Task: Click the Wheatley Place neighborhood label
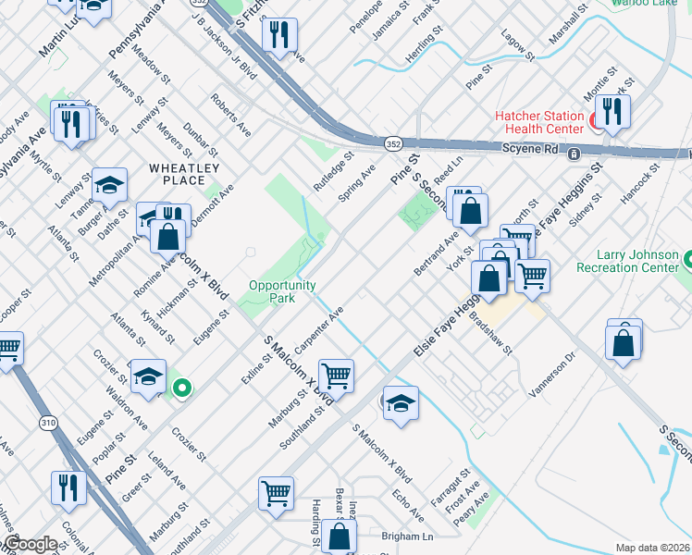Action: [184, 173]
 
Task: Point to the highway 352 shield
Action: [393, 143]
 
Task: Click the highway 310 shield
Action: [47, 423]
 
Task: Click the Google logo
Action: [30, 543]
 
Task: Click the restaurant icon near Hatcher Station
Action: [612, 112]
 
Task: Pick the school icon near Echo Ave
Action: [401, 403]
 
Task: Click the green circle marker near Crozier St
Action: [183, 388]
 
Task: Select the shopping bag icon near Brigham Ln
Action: [340, 536]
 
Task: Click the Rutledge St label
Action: [334, 171]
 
